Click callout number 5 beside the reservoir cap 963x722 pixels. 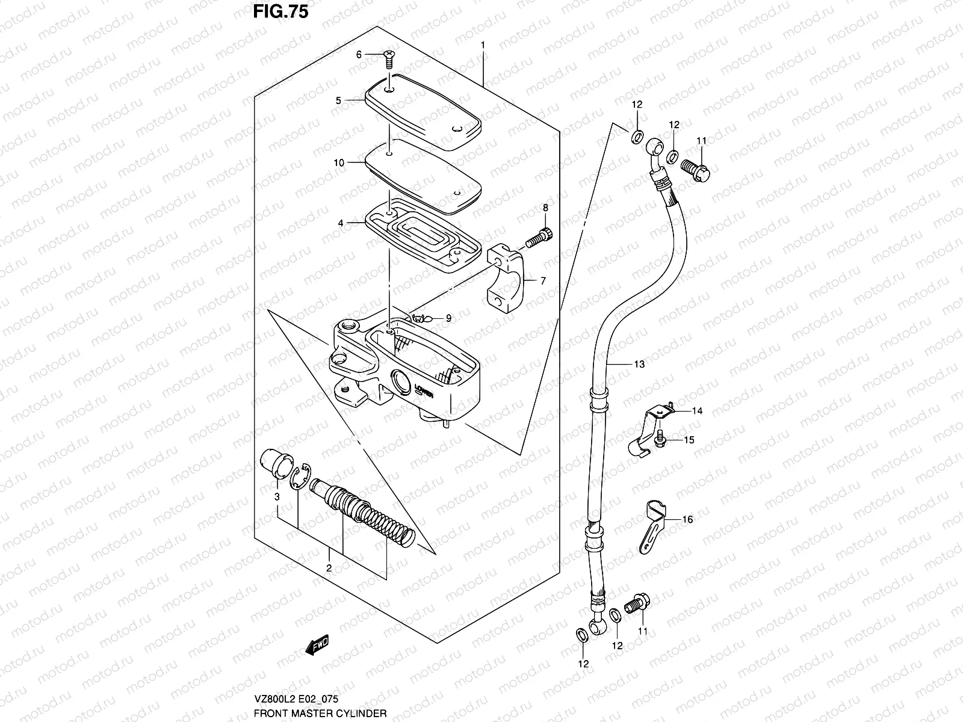[x=339, y=100]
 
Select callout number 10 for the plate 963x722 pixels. [x=339, y=162]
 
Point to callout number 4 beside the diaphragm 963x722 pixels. [x=341, y=223]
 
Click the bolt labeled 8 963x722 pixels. [x=539, y=237]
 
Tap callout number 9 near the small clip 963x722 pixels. [x=448, y=318]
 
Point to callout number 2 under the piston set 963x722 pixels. [x=329, y=567]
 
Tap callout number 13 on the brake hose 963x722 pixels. [x=639, y=364]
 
